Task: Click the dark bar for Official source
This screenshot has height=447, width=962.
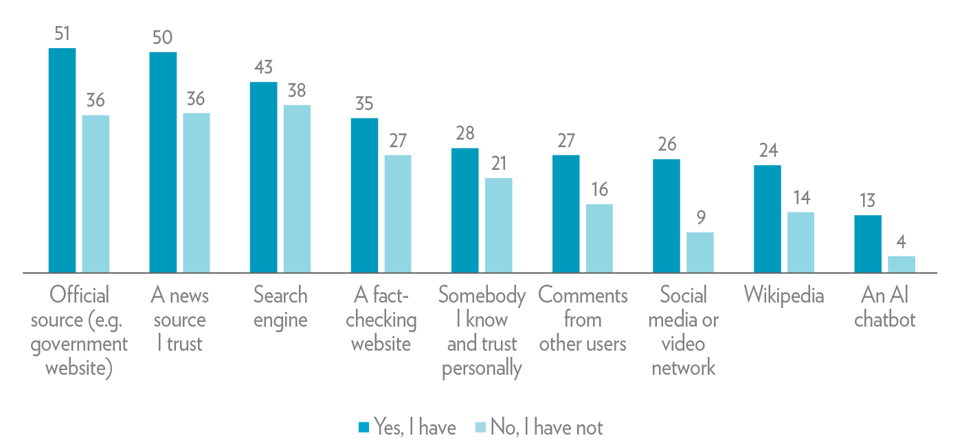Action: [x=62, y=160]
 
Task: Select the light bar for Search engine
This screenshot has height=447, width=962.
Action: [x=297, y=189]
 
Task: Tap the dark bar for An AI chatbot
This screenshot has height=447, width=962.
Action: [x=868, y=244]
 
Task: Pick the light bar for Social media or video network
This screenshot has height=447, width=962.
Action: [x=700, y=252]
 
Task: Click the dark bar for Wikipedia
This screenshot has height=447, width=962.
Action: [x=767, y=219]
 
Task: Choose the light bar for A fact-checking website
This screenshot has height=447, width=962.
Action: [x=398, y=214]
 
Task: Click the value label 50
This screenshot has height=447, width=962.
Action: [x=163, y=38]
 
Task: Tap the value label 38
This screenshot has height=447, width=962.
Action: [x=297, y=91]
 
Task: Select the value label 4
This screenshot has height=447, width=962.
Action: [x=902, y=242]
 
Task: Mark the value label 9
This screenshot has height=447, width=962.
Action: [x=700, y=218]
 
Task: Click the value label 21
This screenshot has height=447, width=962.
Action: [x=498, y=164]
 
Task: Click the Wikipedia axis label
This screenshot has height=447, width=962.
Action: [x=784, y=296]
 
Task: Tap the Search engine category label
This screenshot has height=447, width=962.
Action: [x=280, y=307]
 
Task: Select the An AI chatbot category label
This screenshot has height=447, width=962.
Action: [x=885, y=307]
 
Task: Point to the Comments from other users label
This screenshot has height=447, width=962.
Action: [x=583, y=320]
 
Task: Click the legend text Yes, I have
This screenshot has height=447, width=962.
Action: [x=414, y=427]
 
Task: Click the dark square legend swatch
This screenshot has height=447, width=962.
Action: [x=364, y=428]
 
